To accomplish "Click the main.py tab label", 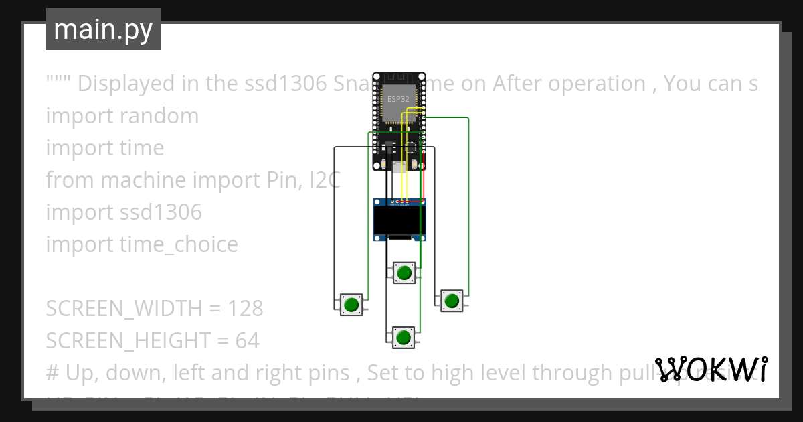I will click(103, 29).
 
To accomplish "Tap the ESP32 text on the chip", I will click(397, 98).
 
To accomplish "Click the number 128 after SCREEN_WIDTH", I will click(245, 309).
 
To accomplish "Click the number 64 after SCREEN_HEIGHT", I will click(247, 341).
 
